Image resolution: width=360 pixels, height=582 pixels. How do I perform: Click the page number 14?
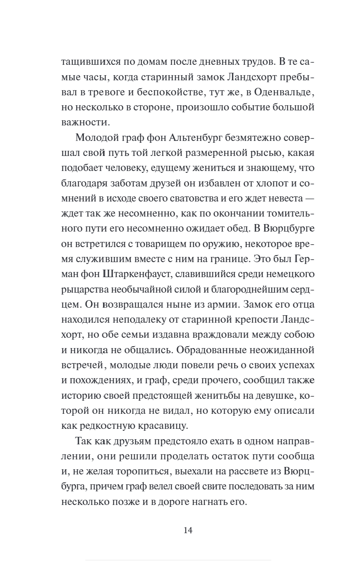187,531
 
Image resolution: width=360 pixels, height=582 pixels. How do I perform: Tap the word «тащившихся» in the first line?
88,62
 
